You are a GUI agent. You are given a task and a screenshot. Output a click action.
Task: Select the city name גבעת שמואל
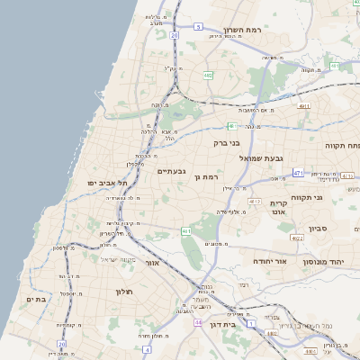(262, 157)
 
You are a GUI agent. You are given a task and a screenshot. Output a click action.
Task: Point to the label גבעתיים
(171, 171)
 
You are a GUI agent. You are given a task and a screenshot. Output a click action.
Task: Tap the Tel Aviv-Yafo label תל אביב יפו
(104, 183)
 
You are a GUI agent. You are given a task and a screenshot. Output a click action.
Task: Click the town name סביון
(319, 229)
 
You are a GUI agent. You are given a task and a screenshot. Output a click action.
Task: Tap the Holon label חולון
(123, 292)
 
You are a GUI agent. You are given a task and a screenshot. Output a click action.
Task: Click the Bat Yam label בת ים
(36, 300)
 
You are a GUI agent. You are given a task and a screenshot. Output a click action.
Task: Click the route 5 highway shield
(198, 27)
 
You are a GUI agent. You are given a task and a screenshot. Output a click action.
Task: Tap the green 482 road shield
(208, 76)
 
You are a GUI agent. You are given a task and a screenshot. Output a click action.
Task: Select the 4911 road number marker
(304, 106)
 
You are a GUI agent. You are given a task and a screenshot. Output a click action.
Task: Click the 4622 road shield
(297, 238)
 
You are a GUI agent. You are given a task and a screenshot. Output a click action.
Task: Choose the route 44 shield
(197, 321)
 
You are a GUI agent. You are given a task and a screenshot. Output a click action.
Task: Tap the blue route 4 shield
(146, 347)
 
